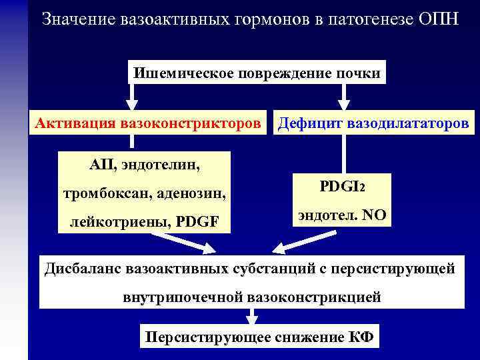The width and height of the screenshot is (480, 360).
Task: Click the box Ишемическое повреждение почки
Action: [x=257, y=73]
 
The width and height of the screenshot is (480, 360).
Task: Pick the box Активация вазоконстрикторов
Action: [x=149, y=123]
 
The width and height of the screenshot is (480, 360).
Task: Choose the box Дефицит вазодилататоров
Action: [x=373, y=123]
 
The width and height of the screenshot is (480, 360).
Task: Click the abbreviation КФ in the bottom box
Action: [x=361, y=337]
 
